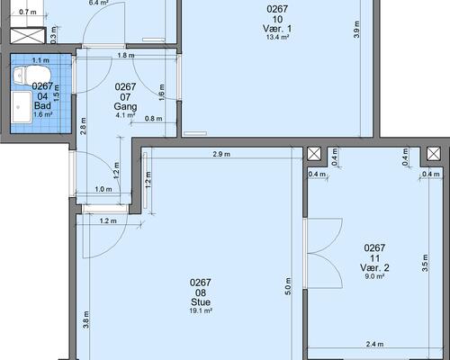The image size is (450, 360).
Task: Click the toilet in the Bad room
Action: coord(31,75)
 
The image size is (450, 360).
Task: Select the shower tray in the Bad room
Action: coord(22,107)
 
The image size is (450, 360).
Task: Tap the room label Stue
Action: coord(201,302)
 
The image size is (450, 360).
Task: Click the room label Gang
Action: coord(125,106)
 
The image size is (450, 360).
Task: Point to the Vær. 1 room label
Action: coord(277,29)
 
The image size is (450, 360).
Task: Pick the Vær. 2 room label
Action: coord(374,267)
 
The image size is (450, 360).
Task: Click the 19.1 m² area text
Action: coord(201,311)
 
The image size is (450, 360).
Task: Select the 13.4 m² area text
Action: coord(277,37)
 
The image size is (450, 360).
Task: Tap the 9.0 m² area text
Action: coord(374,276)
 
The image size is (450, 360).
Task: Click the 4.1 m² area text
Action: coord(125,115)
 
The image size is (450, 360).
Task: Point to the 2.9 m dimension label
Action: coord(221,154)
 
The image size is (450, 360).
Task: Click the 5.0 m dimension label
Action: coord(288,286)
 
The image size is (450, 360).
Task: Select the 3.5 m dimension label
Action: coord(425,263)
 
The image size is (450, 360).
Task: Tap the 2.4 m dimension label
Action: coord(374,344)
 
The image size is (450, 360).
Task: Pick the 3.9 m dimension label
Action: coord(356,30)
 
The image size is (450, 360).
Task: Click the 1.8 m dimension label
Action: coord(126,56)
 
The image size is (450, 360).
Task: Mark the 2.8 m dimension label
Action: coord(83,126)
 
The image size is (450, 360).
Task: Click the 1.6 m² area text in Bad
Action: coord(43,114)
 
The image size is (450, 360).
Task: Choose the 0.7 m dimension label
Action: coord(28,13)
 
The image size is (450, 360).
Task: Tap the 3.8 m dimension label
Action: coord(85,319)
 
